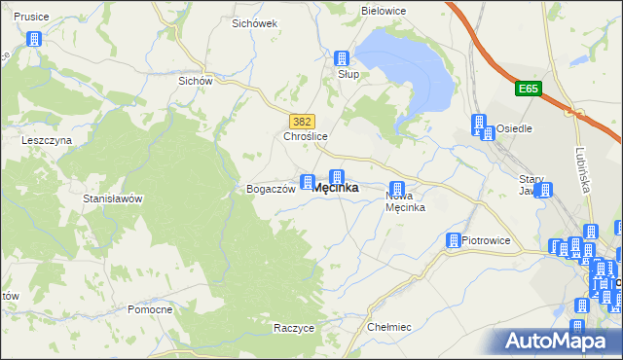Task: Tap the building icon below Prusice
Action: [x=35, y=40]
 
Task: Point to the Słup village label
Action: [x=348, y=74]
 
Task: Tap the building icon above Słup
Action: [x=342, y=58]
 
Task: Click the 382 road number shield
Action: [x=302, y=121]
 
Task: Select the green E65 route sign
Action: [x=528, y=90]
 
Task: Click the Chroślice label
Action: [x=305, y=137]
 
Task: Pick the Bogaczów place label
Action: [x=271, y=190]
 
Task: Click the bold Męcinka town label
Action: [x=335, y=189]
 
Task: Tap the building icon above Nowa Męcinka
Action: [x=397, y=189]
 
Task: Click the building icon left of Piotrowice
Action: [x=454, y=240]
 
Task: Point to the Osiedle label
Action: [x=513, y=128]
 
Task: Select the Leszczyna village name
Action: [x=48, y=140]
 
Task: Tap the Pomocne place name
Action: [x=150, y=309]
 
